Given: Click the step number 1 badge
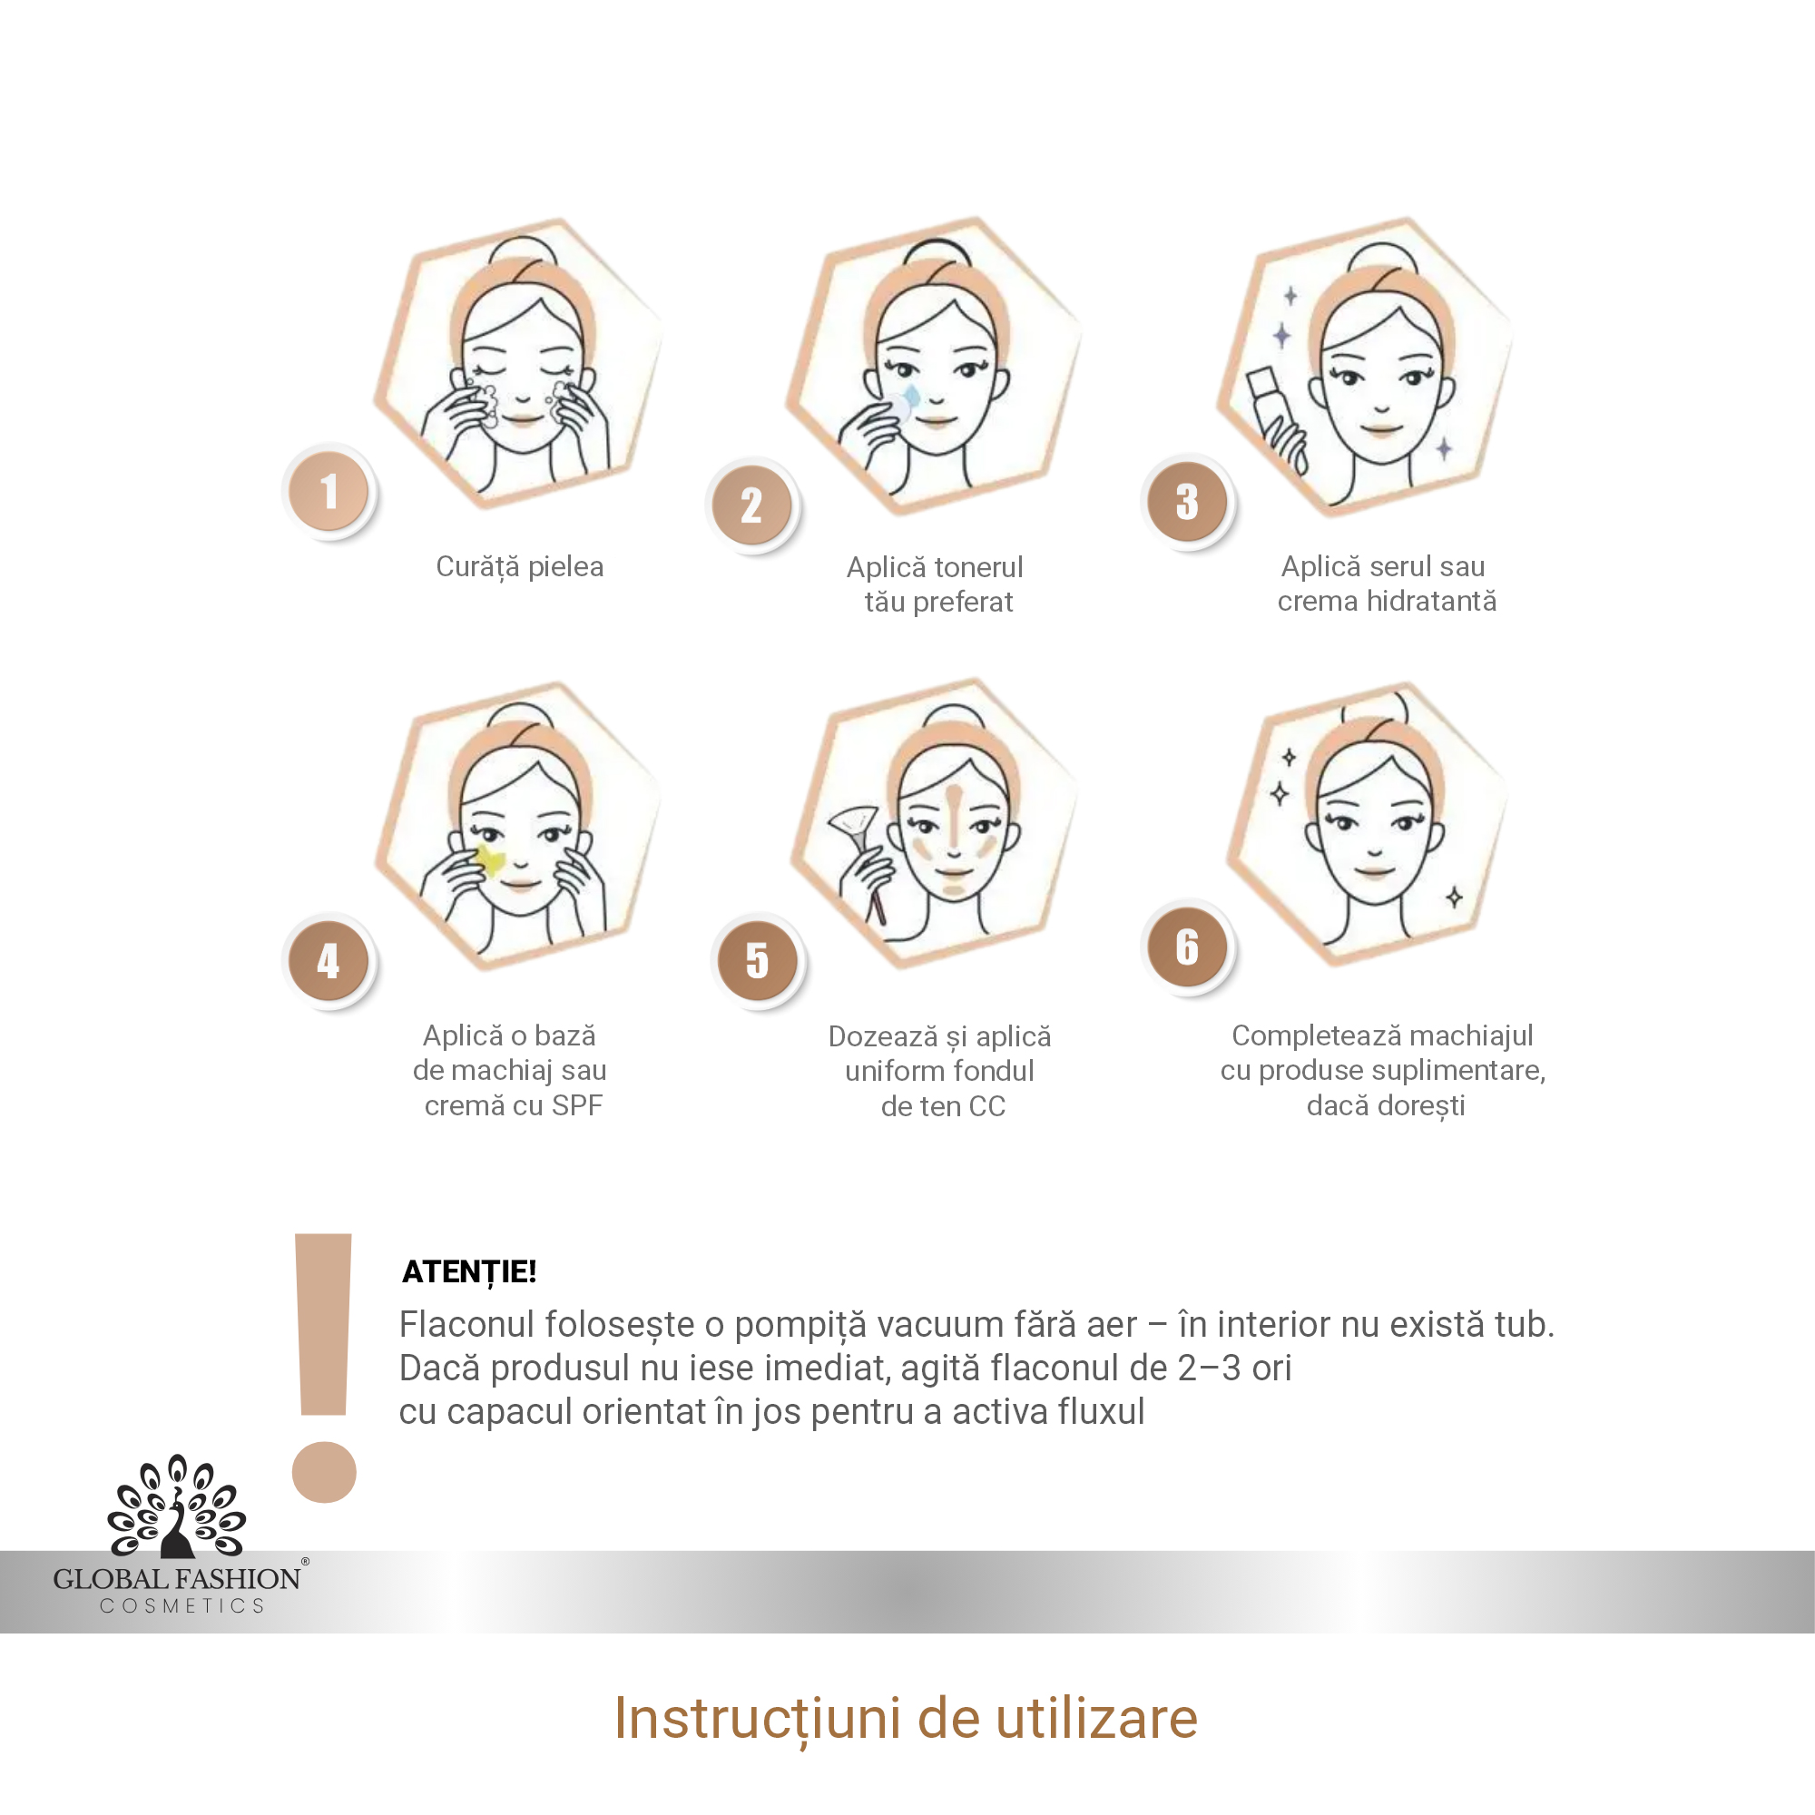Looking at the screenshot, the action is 329,490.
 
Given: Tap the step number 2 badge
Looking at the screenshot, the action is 751,505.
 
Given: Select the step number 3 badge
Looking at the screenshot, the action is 1187,501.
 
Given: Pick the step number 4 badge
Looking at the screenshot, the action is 329,959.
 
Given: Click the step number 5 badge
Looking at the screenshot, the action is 757,960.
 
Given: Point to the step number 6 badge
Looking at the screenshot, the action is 1187,946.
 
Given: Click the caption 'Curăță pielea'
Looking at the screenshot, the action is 519,567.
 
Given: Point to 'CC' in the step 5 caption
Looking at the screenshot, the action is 986,1106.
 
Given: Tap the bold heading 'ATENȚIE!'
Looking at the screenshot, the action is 469,1272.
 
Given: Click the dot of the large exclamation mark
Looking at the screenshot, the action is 324,1472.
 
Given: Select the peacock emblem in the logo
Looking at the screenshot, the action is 177,1506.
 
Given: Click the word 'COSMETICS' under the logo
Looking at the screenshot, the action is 182,1606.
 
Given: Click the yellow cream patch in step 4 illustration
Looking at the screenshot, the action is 489,859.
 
